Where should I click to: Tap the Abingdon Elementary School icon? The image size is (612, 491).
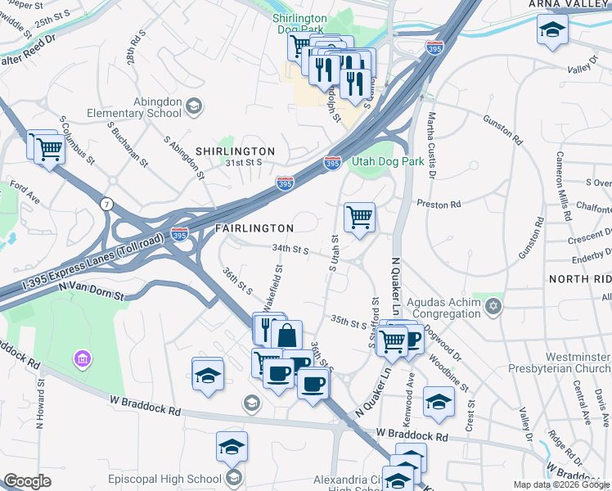(x=194, y=106)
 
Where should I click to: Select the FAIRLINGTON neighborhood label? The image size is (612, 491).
(x=254, y=227)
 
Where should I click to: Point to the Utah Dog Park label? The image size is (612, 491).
(x=388, y=161)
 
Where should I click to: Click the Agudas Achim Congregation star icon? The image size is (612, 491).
(x=492, y=307)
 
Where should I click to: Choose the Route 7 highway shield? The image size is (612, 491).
(x=106, y=203)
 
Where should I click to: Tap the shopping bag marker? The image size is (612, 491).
(x=287, y=336)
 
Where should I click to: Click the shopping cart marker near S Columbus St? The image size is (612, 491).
(x=50, y=150)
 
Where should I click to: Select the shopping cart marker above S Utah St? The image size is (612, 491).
(x=359, y=218)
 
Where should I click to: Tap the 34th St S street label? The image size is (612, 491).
(x=290, y=249)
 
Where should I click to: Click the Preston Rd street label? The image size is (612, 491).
(x=439, y=203)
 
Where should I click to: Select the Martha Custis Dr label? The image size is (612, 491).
(x=431, y=146)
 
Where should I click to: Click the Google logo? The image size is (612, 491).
(x=27, y=481)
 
